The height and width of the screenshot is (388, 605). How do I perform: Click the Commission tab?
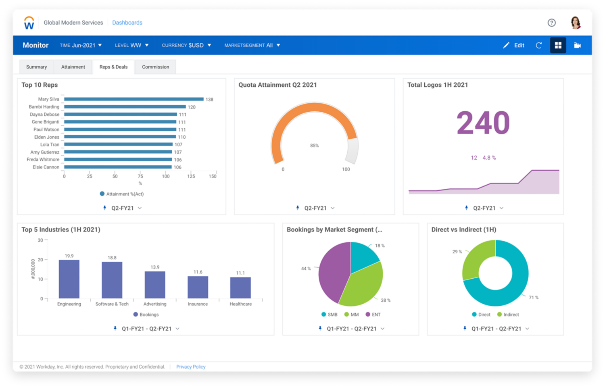click(x=155, y=67)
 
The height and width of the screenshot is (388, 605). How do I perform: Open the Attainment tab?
click(x=73, y=67)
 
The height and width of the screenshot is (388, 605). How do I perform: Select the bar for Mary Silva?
click(x=134, y=99)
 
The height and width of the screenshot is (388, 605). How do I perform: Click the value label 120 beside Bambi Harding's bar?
click(x=192, y=107)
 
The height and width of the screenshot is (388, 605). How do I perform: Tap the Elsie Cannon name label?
click(x=46, y=167)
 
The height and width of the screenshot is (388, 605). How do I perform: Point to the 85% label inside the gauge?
click(x=314, y=146)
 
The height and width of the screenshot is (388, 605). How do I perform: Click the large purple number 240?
click(x=483, y=123)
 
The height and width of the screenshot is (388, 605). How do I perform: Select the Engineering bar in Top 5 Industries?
click(x=69, y=279)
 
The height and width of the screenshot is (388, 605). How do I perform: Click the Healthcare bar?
click(x=240, y=288)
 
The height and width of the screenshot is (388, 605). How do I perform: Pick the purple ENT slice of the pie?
click(x=333, y=270)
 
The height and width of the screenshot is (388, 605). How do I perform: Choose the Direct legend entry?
click(x=481, y=315)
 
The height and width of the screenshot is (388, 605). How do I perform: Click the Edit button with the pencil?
click(x=514, y=46)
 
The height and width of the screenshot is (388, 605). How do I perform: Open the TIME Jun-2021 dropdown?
click(x=81, y=46)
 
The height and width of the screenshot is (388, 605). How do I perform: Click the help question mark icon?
click(x=551, y=23)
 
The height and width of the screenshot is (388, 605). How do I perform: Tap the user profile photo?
click(x=576, y=23)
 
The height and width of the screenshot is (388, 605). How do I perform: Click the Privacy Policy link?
click(x=191, y=367)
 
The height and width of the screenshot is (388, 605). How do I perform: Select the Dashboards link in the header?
click(x=127, y=23)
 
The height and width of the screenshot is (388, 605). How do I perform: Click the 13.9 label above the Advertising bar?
click(x=155, y=267)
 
